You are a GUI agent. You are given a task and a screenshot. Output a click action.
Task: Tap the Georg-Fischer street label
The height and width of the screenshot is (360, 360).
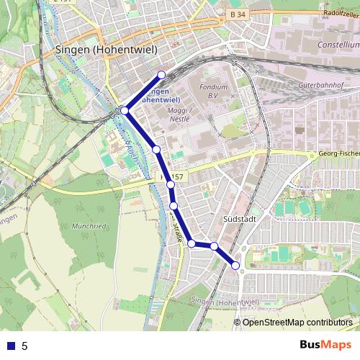pyautogui.click(x=338, y=153)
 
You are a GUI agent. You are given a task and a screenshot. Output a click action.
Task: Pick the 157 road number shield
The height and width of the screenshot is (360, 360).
pyautogui.click(x=176, y=176)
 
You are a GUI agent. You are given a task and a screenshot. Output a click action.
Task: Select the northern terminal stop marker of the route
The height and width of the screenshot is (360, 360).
pyautogui.click(x=161, y=75)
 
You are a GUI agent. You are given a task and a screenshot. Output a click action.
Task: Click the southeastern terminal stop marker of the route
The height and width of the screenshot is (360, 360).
pyautogui.click(x=236, y=266)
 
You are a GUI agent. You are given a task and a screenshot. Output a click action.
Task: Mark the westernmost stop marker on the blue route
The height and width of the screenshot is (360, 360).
pyautogui.click(x=125, y=110)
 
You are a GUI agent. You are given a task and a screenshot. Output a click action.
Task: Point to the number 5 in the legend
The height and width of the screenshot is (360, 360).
pyautogui.click(x=24, y=346)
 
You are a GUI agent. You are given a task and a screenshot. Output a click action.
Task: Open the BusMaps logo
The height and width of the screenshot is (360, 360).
pyautogui.click(x=325, y=345)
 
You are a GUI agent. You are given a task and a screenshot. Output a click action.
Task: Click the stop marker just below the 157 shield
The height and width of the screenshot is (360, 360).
pyautogui.click(x=171, y=185)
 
